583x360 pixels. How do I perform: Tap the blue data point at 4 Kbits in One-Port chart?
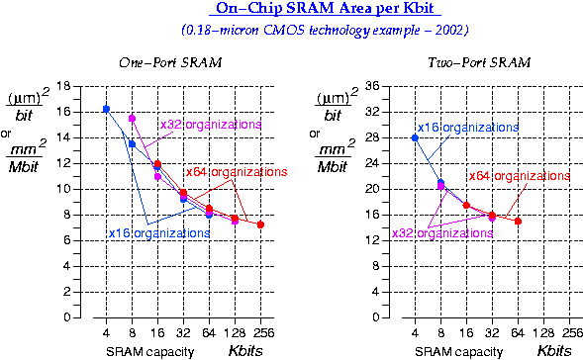(x=106, y=109)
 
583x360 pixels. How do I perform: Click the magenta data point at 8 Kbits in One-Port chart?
(x=132, y=119)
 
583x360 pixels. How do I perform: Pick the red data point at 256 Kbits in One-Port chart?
(x=260, y=225)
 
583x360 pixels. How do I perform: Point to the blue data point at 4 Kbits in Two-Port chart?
(x=415, y=137)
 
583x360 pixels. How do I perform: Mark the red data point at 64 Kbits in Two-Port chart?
(x=518, y=221)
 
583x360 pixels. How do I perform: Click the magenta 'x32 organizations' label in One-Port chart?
(x=210, y=125)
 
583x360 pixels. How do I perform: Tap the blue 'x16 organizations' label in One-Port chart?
(x=158, y=233)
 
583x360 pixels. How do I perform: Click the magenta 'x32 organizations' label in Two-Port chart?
(x=441, y=233)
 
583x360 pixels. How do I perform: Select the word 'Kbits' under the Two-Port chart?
(x=554, y=351)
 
